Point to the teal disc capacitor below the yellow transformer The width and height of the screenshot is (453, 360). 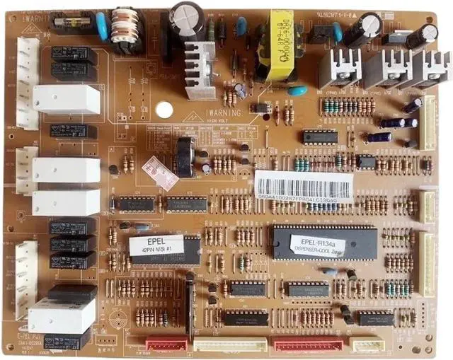click(298, 91)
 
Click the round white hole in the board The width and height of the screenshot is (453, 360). click(164, 110)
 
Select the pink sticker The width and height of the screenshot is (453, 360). click(161, 172)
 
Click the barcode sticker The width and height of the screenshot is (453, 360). click(304, 185)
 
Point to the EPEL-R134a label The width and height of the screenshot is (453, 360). click(318, 244)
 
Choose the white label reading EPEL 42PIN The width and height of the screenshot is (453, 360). click(156, 245)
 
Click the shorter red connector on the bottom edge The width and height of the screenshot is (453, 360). click(166, 344)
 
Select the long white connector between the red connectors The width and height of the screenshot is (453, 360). click(230, 344)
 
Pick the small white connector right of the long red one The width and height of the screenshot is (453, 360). click(369, 344)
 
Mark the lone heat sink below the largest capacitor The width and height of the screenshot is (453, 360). click(200, 69)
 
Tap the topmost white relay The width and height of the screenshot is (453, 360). click(67, 100)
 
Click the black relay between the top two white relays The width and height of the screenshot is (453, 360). click(73, 131)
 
